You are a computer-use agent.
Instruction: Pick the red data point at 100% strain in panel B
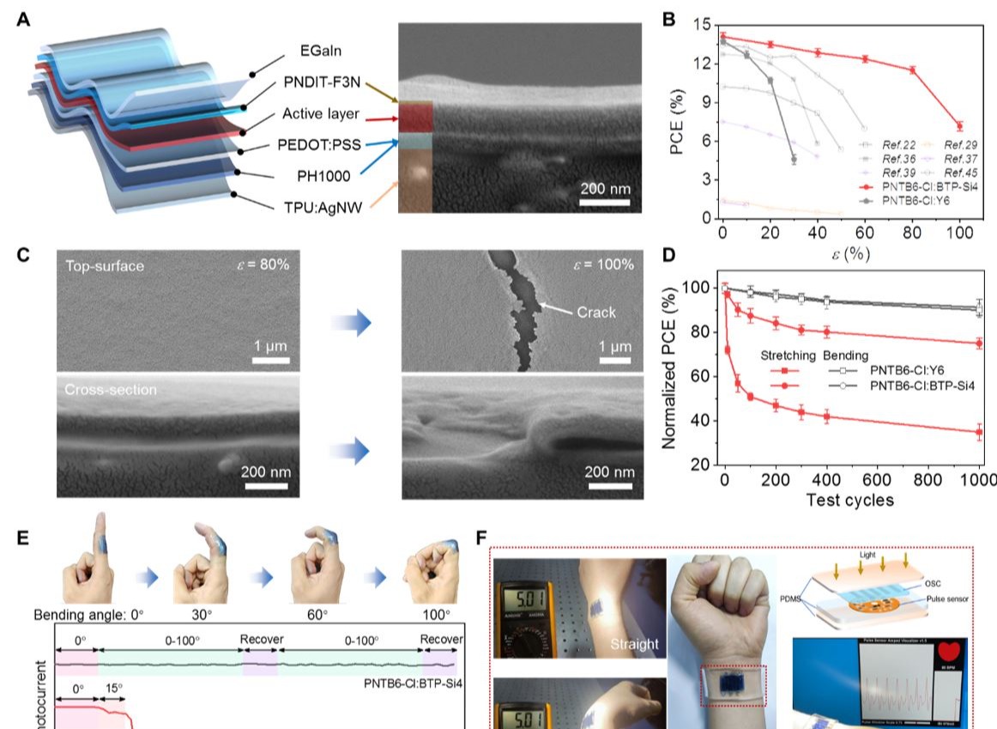pyautogui.click(x=959, y=126)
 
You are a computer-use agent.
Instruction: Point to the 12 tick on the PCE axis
pyautogui.click(x=705, y=64)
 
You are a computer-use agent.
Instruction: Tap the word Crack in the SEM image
pyautogui.click(x=596, y=312)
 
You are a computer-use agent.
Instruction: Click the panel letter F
pyautogui.click(x=480, y=538)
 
